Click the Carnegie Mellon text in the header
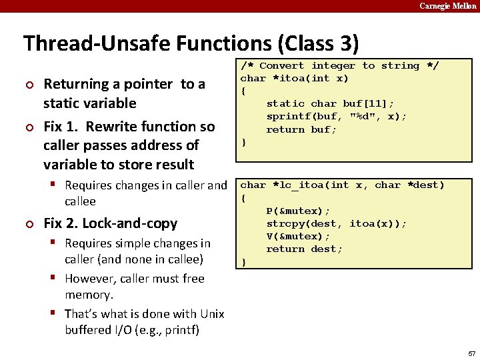point(447,6)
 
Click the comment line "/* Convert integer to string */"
point(339,65)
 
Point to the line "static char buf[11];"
point(330,103)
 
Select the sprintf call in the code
point(337,116)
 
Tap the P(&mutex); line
point(298,211)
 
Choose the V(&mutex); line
point(298,236)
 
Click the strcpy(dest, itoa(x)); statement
point(337,223)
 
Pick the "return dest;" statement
point(304,249)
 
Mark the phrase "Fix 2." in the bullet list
point(61,223)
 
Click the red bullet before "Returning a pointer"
point(28,85)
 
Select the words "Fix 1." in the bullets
point(61,127)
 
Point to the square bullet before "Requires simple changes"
point(53,243)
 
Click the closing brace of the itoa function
point(243,142)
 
